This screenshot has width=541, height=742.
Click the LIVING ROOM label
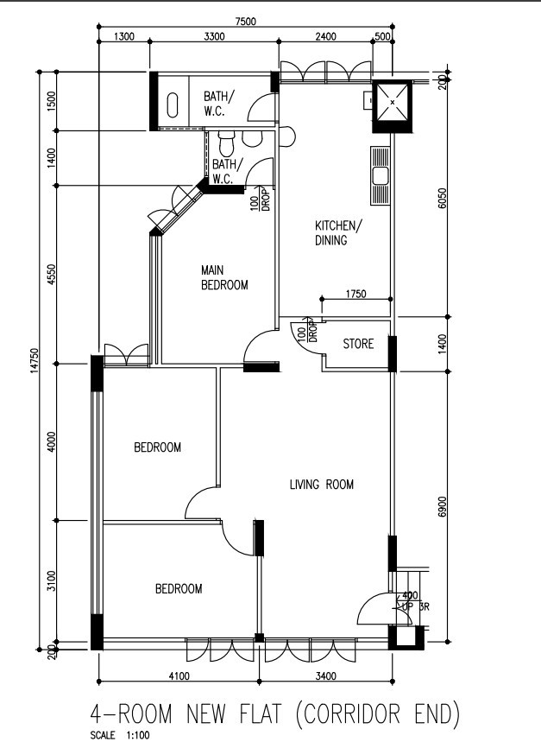(x=321, y=484)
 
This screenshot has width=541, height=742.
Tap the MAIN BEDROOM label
(x=224, y=277)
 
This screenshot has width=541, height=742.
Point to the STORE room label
(x=358, y=344)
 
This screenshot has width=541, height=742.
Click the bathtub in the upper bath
(x=173, y=105)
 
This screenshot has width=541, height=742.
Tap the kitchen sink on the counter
(x=381, y=176)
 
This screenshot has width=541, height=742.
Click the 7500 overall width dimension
(x=245, y=22)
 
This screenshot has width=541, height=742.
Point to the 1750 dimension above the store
(x=355, y=294)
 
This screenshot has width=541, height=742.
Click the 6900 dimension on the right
(x=442, y=507)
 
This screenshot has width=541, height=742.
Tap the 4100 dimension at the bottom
(x=179, y=675)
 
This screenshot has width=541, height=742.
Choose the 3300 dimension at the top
(x=214, y=36)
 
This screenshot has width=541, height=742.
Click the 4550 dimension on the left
(x=52, y=275)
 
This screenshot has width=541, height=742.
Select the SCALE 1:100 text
(x=120, y=735)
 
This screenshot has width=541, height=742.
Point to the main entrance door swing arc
(x=371, y=600)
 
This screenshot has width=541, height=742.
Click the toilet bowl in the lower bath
(x=226, y=144)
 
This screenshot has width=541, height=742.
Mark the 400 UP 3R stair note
(x=414, y=601)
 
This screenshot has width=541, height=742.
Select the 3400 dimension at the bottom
(x=326, y=675)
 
